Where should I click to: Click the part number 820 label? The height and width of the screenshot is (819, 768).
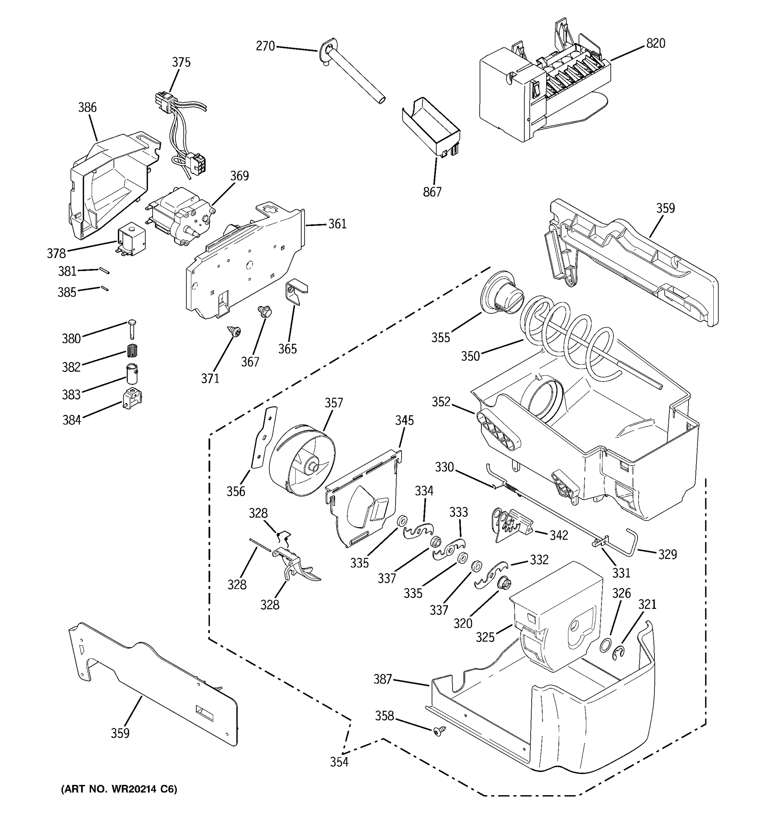(x=655, y=43)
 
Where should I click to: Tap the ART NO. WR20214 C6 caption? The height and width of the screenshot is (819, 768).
(x=119, y=789)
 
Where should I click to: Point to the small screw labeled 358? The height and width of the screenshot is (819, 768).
(x=438, y=731)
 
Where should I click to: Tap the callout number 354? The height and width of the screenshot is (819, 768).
(x=339, y=762)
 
